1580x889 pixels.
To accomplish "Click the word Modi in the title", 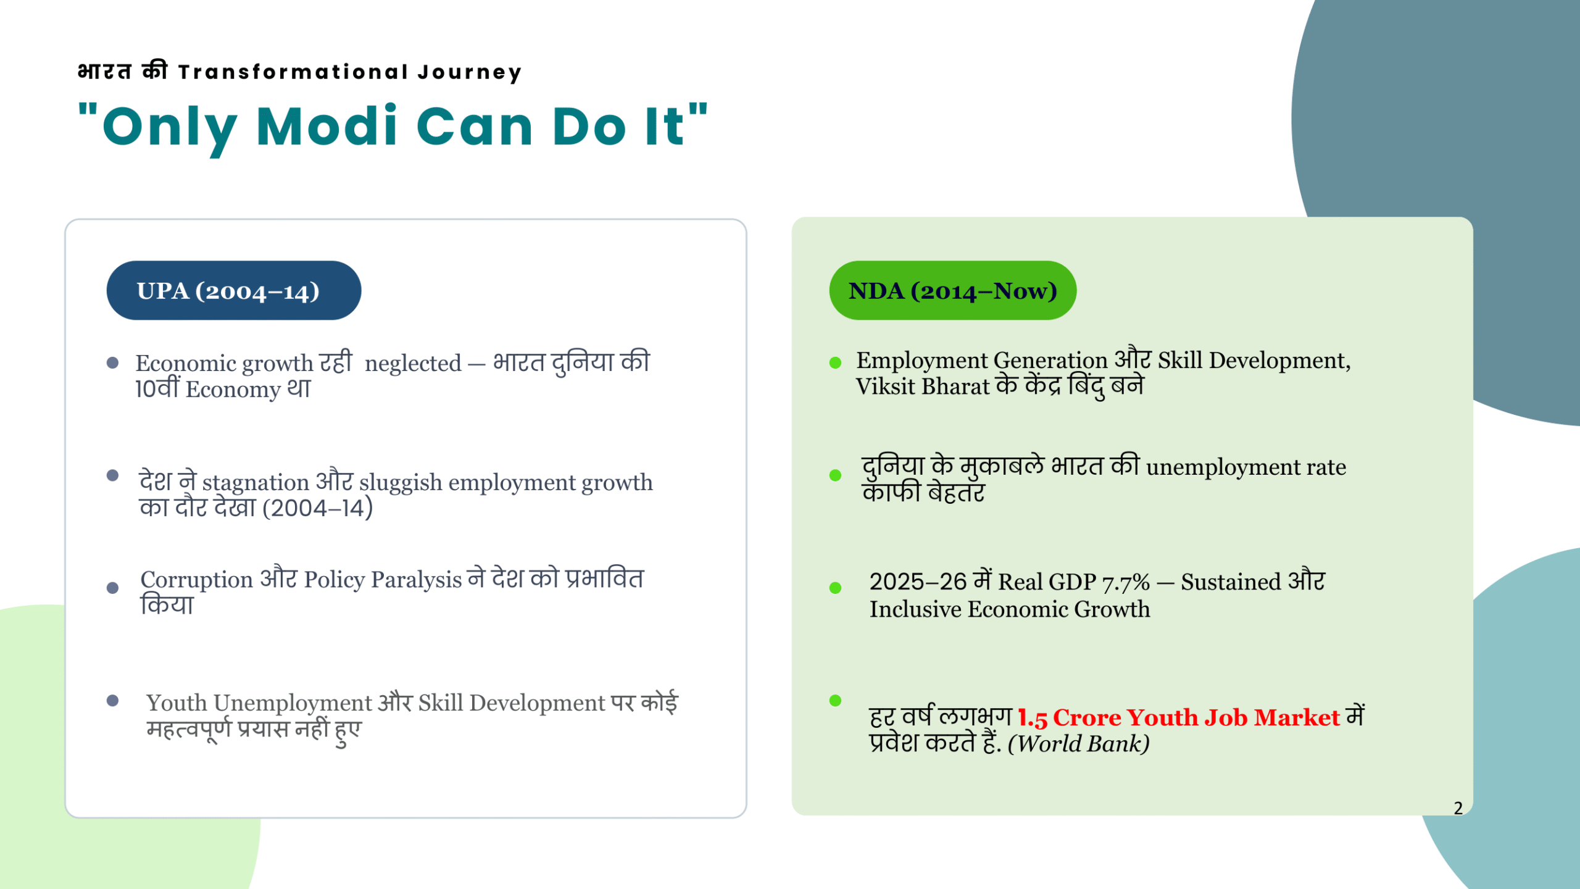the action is pyautogui.click(x=326, y=126).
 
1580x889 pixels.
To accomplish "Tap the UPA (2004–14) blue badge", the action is pyautogui.click(x=234, y=290).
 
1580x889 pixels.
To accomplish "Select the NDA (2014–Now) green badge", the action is pyautogui.click(x=952, y=290).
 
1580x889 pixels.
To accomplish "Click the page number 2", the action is pyautogui.click(x=1458, y=808).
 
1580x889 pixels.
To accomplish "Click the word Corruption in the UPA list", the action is pyautogui.click(x=197, y=580).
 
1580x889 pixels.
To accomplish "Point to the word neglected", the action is pyautogui.click(x=413, y=364).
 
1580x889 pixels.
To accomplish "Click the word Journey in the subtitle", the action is pyautogui.click(x=470, y=72).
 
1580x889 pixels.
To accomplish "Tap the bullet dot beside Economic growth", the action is pyautogui.click(x=112, y=362).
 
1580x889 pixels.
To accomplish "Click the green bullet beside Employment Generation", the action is pyautogui.click(x=835, y=362).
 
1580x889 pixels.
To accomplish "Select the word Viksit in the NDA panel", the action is pyautogui.click(x=886, y=386).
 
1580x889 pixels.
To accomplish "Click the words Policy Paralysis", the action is pyautogui.click(x=383, y=580).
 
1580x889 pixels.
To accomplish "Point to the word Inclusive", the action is pyautogui.click(x=915, y=609).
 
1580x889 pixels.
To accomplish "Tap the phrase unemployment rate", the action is pyautogui.click(x=1246, y=467).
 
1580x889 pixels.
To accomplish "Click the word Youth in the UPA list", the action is pyautogui.click(x=177, y=703).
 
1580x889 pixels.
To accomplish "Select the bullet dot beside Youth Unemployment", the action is pyautogui.click(x=112, y=700).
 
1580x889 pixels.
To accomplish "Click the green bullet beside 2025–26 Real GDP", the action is pyautogui.click(x=835, y=588).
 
